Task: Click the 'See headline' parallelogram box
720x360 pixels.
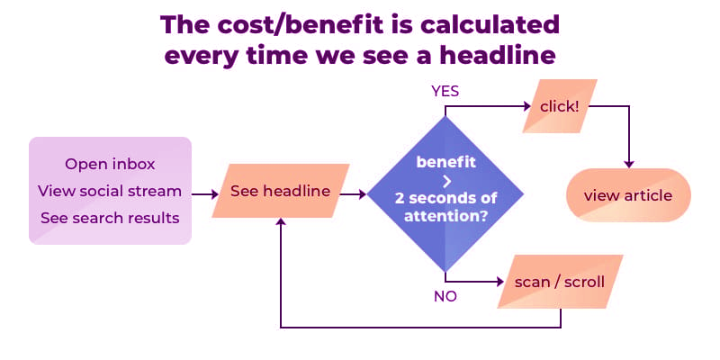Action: [x=280, y=191]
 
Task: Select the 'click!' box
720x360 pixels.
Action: [x=559, y=106]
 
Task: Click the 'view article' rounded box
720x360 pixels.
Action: [x=627, y=195]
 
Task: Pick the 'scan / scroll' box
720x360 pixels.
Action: [x=559, y=281]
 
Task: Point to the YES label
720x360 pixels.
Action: [x=445, y=92]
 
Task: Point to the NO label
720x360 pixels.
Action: [x=445, y=295]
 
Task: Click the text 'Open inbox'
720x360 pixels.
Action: [x=110, y=164]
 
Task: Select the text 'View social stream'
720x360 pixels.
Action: [x=110, y=191]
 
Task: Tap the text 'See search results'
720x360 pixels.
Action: [x=110, y=218]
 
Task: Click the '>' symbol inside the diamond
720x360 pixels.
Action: [x=445, y=179]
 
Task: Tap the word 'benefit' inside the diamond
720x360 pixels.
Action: [x=445, y=162]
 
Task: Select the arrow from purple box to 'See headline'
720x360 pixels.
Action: [x=202, y=193]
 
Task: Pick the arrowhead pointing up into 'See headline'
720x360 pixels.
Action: [x=282, y=222]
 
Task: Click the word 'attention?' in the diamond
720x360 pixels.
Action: [x=445, y=217]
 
